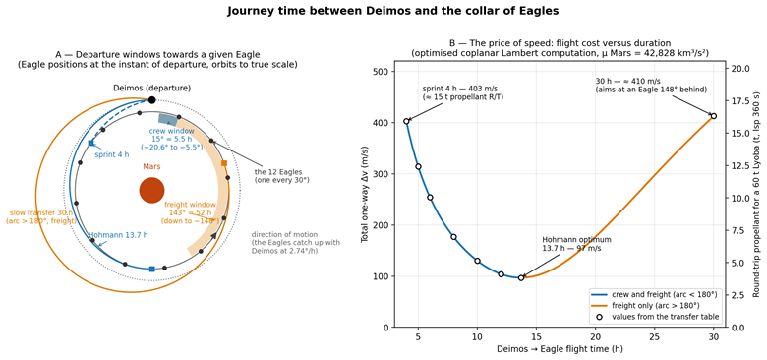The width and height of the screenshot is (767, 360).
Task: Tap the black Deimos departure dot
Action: click(x=151, y=100)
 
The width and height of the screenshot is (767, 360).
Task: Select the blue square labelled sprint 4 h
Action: click(x=91, y=143)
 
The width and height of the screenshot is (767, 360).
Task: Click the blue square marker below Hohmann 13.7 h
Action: click(x=151, y=270)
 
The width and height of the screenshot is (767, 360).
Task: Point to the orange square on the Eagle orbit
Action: click(x=224, y=163)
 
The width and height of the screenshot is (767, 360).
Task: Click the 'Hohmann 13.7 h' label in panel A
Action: click(x=118, y=235)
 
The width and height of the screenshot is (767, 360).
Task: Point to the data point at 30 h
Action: click(x=714, y=116)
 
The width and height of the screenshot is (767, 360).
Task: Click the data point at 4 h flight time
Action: click(x=406, y=121)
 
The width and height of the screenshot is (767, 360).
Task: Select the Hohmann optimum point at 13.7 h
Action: click(x=521, y=277)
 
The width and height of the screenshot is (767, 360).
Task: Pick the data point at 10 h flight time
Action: click(x=478, y=261)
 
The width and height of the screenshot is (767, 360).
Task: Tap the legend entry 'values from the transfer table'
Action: click(x=656, y=317)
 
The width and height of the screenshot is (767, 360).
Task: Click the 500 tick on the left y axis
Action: click(x=381, y=72)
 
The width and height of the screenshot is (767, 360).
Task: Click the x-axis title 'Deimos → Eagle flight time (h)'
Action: click(x=560, y=349)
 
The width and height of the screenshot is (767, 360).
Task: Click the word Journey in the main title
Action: click(x=248, y=12)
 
